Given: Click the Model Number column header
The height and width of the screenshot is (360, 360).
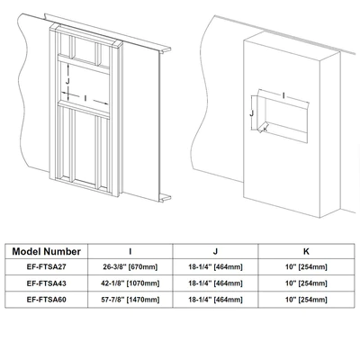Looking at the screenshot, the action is tap(47, 251).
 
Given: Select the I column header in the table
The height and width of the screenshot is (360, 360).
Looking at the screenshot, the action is tap(130, 251).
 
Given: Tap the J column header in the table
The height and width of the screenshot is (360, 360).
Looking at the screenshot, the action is tap(215, 251).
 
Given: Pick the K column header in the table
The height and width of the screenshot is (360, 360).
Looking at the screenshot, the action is tap(306, 251).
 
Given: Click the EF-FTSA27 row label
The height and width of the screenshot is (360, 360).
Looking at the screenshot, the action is tap(47, 267).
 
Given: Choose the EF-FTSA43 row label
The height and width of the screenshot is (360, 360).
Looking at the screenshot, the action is tap(47, 283).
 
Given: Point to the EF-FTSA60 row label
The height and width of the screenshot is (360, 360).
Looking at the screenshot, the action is tap(47, 300).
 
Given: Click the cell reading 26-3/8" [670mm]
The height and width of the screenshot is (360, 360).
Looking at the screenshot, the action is tap(130, 267).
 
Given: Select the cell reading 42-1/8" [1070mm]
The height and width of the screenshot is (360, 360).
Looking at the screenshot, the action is tap(130, 283).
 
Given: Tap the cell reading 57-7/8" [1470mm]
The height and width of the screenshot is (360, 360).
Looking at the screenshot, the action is tap(130, 300).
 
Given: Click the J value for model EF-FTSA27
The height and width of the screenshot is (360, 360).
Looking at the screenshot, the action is tap(215, 267).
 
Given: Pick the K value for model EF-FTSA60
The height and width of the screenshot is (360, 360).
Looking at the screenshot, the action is tap(306, 300).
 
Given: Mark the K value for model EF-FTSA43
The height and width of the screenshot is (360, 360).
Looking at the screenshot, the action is tap(306, 283).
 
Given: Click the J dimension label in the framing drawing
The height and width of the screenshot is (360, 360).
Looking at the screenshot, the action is tap(67, 81).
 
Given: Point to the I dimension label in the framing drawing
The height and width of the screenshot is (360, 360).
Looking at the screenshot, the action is tap(85, 98).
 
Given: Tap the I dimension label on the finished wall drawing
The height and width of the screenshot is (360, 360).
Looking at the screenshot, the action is tap(283, 95).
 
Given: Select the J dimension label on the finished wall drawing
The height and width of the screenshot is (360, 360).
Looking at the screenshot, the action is tap(252, 113).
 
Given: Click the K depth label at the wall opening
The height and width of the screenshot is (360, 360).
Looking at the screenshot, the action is tap(265, 129).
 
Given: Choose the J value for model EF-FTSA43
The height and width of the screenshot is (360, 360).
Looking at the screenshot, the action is tap(215, 283).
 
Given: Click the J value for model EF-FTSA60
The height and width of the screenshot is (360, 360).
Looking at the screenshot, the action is tap(215, 300).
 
